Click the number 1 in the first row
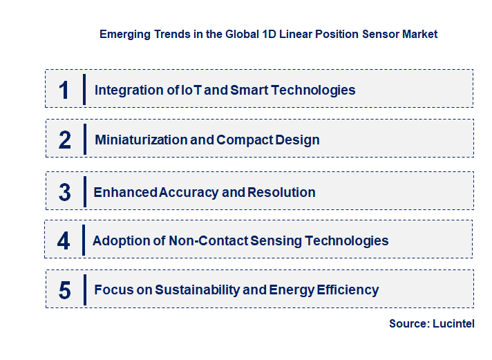point(64,90)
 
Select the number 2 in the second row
point(65,140)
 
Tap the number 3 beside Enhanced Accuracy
point(65,192)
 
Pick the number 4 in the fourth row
point(64,240)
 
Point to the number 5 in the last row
point(65,290)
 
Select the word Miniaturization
point(140,140)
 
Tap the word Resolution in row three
point(281,192)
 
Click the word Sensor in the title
point(366,34)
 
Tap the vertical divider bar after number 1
point(84,89)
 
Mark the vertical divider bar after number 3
point(84,191)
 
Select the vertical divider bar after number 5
point(84,290)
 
